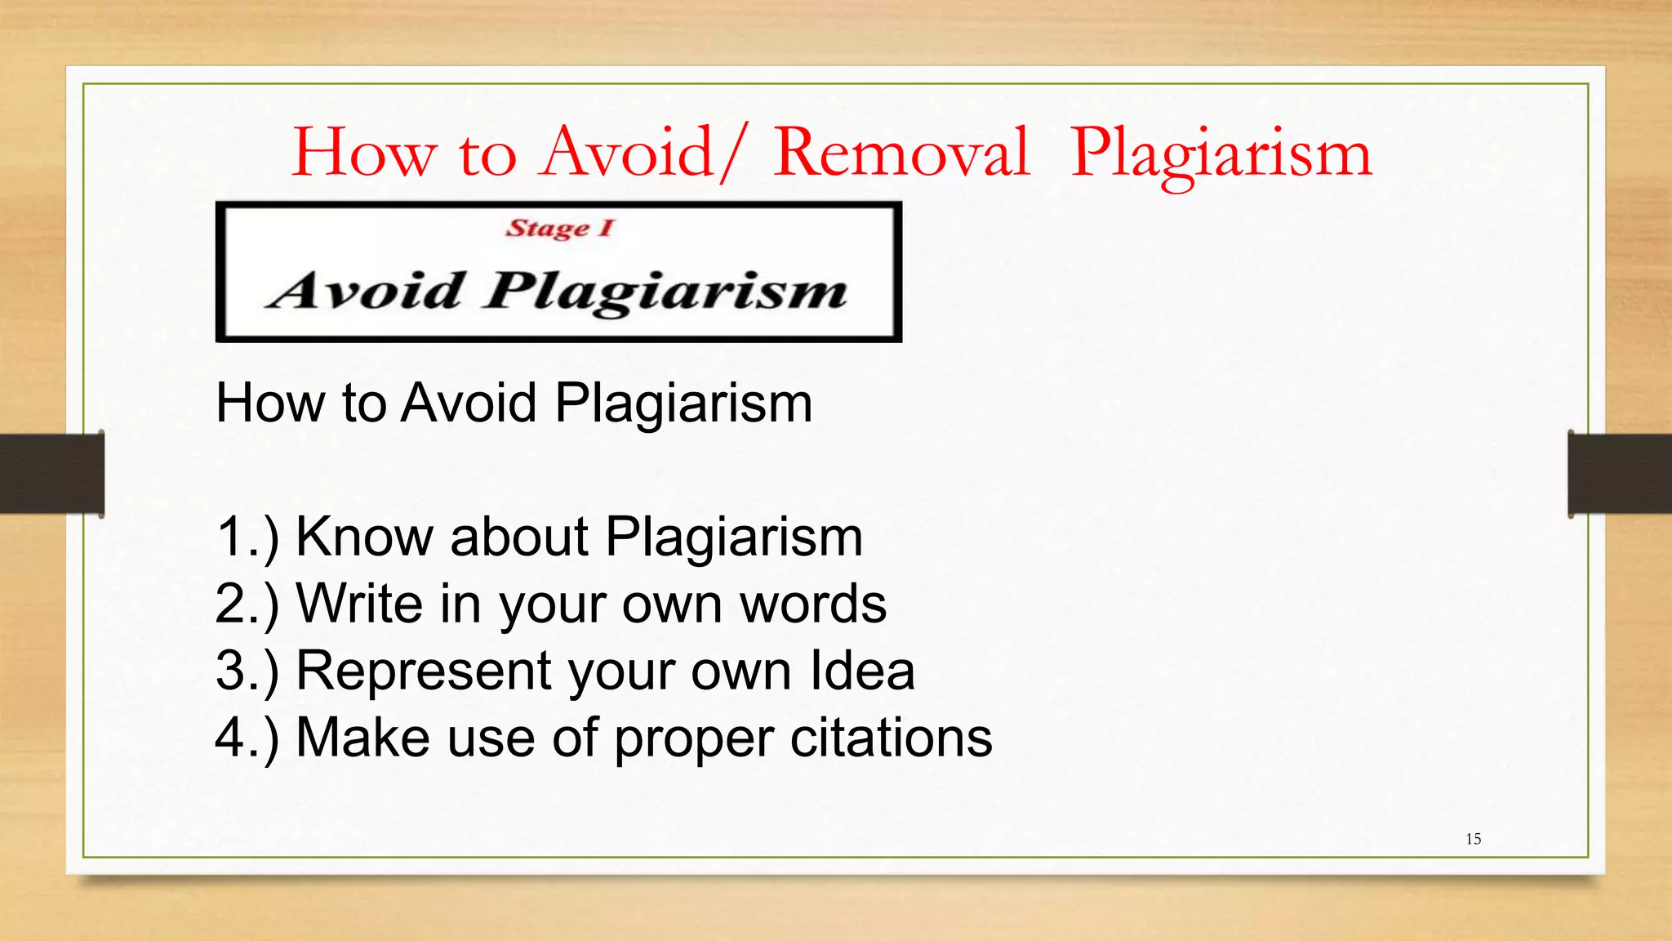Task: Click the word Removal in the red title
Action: (x=901, y=153)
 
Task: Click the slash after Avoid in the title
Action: (x=731, y=153)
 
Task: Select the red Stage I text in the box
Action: (x=559, y=228)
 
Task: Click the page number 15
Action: (x=1473, y=839)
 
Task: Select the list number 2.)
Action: (x=247, y=605)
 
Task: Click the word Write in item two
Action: (x=360, y=604)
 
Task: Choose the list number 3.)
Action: (x=247, y=672)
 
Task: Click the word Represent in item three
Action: (x=423, y=672)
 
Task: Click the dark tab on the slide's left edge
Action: (x=51, y=474)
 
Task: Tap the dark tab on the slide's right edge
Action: (x=1620, y=474)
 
